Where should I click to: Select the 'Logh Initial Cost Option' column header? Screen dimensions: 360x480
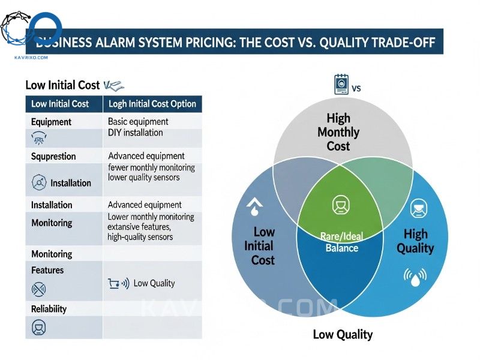(152, 104)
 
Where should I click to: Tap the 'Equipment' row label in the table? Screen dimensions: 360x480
(51, 122)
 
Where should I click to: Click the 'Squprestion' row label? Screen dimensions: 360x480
(53, 156)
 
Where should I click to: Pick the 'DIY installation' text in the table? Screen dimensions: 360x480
(135, 133)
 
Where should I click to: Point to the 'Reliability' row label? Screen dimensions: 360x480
(49, 309)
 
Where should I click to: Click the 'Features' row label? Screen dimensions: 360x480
(47, 270)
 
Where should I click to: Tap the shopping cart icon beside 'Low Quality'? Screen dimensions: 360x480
(113, 283)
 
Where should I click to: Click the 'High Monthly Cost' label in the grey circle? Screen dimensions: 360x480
(338, 132)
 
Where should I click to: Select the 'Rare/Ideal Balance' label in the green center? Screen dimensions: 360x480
(341, 242)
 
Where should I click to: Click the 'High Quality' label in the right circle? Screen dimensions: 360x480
(415, 241)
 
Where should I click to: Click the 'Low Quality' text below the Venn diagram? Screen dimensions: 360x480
(343, 334)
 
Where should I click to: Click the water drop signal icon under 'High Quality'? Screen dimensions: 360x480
(415, 277)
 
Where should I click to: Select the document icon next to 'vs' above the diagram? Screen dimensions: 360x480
(340, 85)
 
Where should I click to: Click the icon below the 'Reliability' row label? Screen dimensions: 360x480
(38, 328)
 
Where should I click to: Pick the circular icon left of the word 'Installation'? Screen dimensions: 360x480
(38, 182)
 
